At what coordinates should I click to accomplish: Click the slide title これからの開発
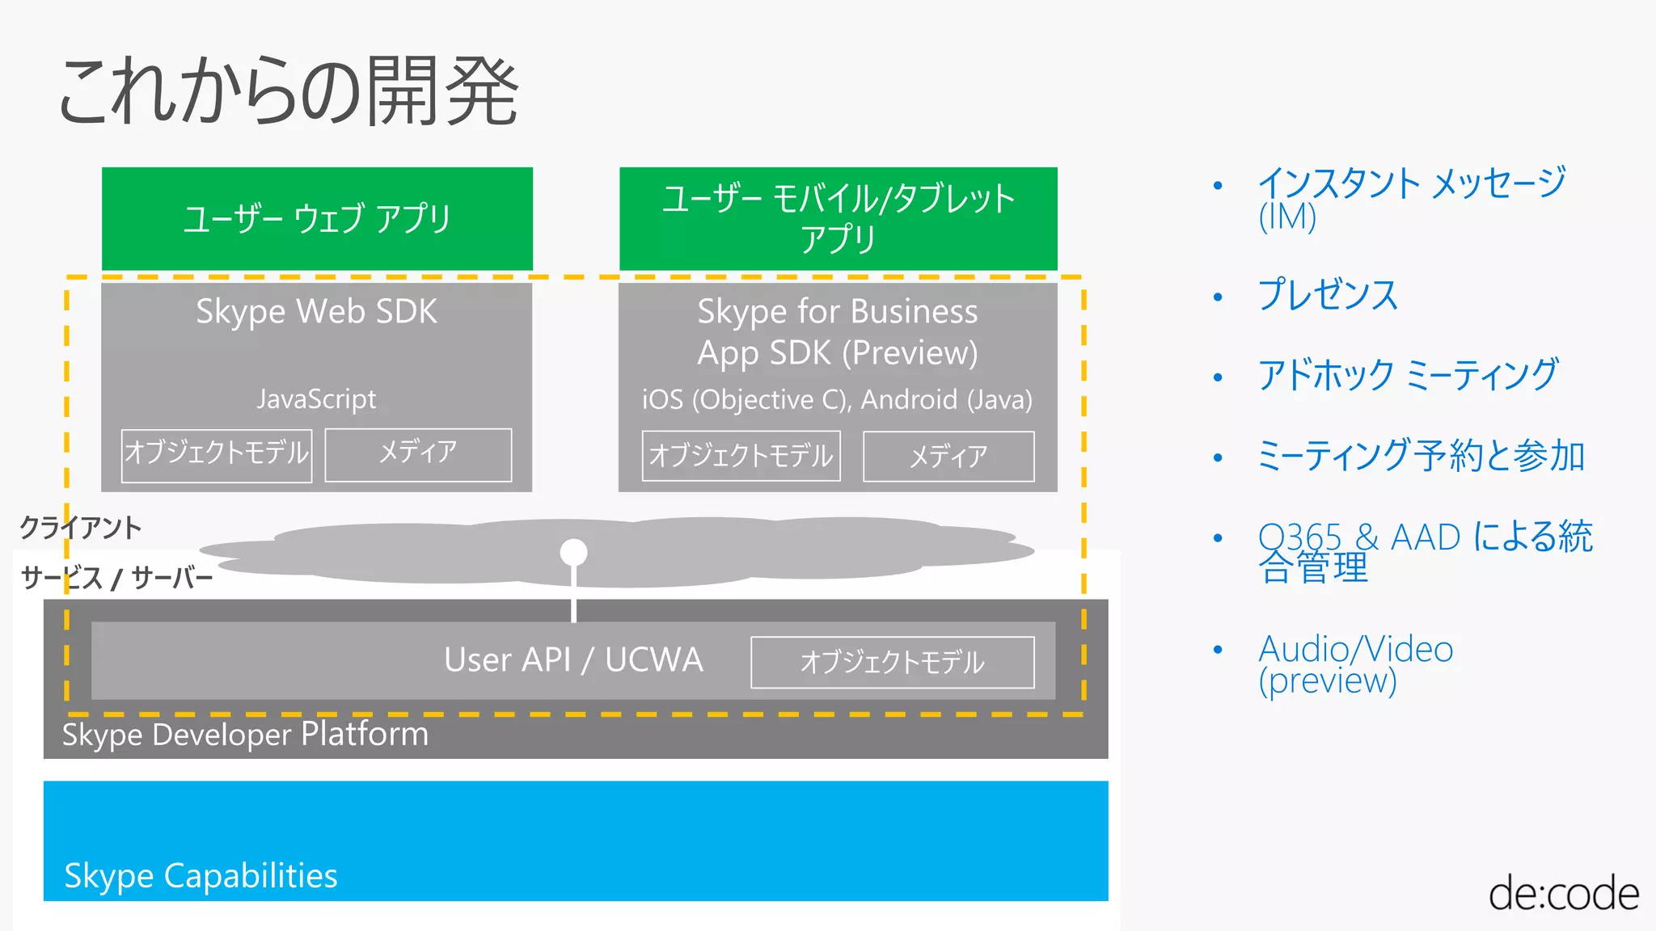pyautogui.click(x=288, y=91)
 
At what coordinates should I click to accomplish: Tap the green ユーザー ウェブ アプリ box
pyautogui.click(x=317, y=218)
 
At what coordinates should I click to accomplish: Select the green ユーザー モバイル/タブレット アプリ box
pyautogui.click(x=838, y=218)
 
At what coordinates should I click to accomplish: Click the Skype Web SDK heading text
pyautogui.click(x=316, y=312)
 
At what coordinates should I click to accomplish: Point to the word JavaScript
pyautogui.click(x=316, y=399)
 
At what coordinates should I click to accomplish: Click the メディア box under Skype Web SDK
pyautogui.click(x=418, y=454)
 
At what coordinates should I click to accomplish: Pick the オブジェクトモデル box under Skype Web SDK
pyautogui.click(x=217, y=455)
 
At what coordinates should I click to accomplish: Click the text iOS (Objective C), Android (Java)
pyautogui.click(x=837, y=400)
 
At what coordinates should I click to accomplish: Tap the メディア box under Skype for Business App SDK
pyautogui.click(x=948, y=457)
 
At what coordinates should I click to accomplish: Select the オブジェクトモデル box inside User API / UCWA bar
pyautogui.click(x=892, y=663)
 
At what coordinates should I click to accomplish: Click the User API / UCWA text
pyautogui.click(x=573, y=660)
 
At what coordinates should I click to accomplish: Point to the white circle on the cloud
pyautogui.click(x=573, y=553)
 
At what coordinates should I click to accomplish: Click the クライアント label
pyautogui.click(x=81, y=529)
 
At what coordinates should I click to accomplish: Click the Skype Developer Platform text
pyautogui.click(x=245, y=735)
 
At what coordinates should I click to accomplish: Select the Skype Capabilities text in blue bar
pyautogui.click(x=201, y=876)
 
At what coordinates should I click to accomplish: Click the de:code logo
pyautogui.click(x=1563, y=894)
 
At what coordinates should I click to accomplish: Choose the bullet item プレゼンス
pyautogui.click(x=1327, y=295)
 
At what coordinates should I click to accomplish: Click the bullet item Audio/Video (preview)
pyautogui.click(x=1355, y=664)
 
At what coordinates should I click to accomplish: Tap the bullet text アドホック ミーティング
pyautogui.click(x=1407, y=376)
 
